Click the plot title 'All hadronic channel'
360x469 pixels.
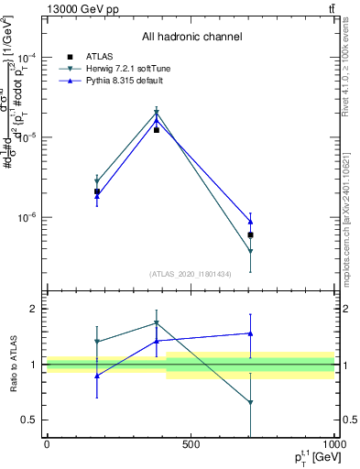pos(191,38)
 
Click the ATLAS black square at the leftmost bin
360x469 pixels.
pos(97,191)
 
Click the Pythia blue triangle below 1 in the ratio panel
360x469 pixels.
pos(97,376)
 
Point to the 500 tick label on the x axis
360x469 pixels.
pos(191,444)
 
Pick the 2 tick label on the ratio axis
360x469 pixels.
pos(35,309)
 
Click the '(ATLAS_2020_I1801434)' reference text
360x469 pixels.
pos(191,274)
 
